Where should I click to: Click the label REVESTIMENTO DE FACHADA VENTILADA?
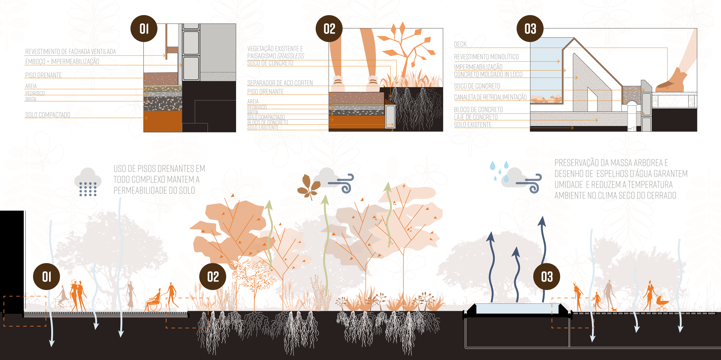tap(70, 51)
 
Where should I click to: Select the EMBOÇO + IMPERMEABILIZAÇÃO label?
tap(62, 61)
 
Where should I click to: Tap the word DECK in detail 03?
tap(460, 44)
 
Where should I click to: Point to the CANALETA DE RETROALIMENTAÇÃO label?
tap(490, 97)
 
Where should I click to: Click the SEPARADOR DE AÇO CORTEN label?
tap(280, 83)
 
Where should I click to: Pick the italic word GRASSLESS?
tap(291, 56)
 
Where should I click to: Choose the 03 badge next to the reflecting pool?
tap(547, 277)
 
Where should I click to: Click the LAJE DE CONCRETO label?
tap(476, 117)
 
